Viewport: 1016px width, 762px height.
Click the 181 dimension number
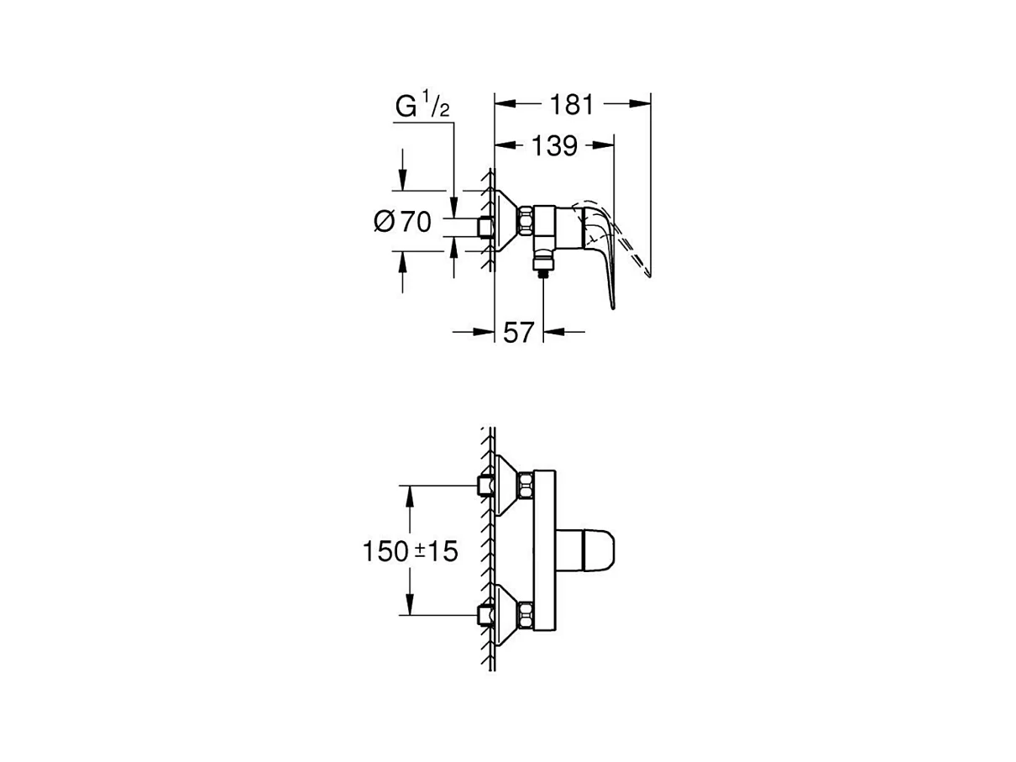pos(572,104)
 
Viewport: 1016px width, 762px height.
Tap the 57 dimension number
pos(519,333)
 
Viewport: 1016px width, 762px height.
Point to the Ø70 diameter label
pos(402,222)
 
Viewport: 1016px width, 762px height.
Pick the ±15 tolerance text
pos(437,551)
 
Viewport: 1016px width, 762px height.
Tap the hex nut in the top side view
pos(526,223)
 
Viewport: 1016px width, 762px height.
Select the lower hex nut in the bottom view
pos(526,616)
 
